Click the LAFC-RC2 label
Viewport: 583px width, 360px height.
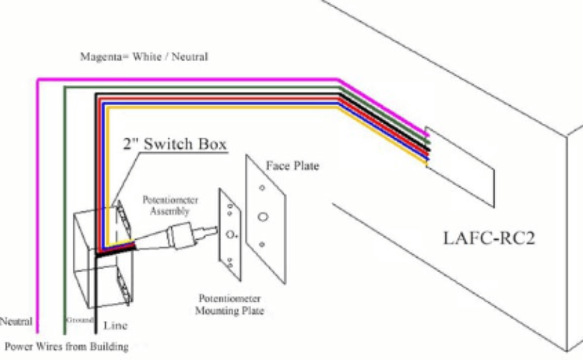[x=489, y=238]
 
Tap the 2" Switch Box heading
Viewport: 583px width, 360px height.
[x=175, y=144]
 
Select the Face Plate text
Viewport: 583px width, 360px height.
[x=293, y=166]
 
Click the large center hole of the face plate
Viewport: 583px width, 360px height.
[x=263, y=217]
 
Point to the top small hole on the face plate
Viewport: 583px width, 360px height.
[x=262, y=188]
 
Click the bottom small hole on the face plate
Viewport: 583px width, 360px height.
[x=262, y=244]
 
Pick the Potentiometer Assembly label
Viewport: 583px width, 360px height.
[x=171, y=205]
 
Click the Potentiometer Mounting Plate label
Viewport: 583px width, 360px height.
[x=230, y=305]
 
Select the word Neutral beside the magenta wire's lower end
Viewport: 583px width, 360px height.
[x=16, y=321]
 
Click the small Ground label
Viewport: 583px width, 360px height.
[x=80, y=320]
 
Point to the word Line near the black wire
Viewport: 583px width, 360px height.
[x=115, y=325]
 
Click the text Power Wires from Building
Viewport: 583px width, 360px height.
[x=66, y=346]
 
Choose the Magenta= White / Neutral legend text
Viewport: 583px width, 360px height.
[x=144, y=57]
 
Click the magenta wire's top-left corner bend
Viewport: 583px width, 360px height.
[x=37, y=80]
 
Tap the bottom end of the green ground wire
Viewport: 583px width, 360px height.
[x=65, y=333]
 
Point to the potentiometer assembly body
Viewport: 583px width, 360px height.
[x=181, y=235]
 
